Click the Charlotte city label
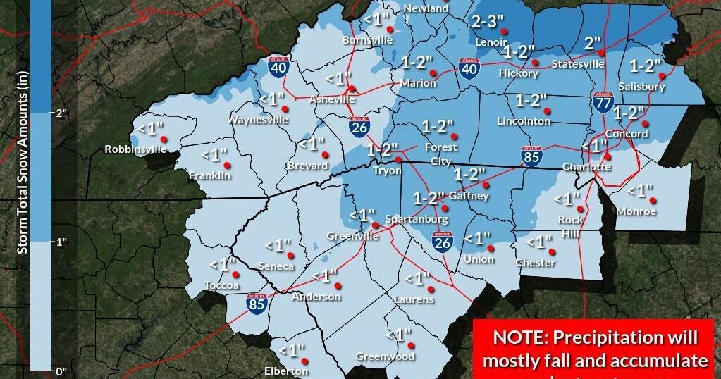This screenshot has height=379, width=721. coord(586,167)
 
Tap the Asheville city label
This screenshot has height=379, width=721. coord(332,100)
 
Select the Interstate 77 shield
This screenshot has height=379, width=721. coord(602,104)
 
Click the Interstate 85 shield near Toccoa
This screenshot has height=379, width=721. coord(257,304)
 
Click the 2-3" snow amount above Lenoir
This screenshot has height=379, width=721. coord(488,22)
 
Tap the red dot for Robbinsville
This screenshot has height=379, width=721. coord(163,138)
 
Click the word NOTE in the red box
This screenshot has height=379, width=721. coord(516,337)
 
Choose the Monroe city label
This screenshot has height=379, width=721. coord(636,211)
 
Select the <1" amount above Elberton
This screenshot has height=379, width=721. coord(291,349)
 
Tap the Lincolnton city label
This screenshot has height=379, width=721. coord(524,121)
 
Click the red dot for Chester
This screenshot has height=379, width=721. coord(552,251)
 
